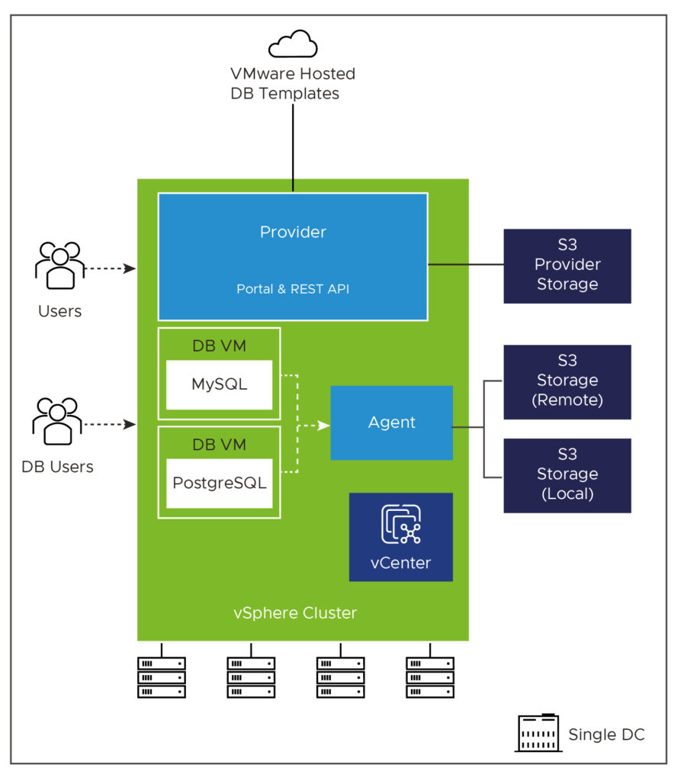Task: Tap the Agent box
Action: (391, 423)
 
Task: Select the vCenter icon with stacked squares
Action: (401, 524)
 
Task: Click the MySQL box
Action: (219, 384)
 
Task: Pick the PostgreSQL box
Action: (219, 483)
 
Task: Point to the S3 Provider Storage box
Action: (567, 266)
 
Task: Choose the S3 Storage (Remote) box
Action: (567, 382)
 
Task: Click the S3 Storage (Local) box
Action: (567, 476)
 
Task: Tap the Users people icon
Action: (60, 265)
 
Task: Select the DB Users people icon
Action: (57, 421)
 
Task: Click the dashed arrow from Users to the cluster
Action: (111, 268)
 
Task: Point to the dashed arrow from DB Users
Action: (110, 424)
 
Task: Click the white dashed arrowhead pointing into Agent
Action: (324, 426)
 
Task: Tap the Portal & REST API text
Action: (293, 289)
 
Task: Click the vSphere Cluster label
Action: (295, 612)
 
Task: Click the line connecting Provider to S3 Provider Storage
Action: (466, 265)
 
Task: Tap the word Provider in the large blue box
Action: (293, 232)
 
